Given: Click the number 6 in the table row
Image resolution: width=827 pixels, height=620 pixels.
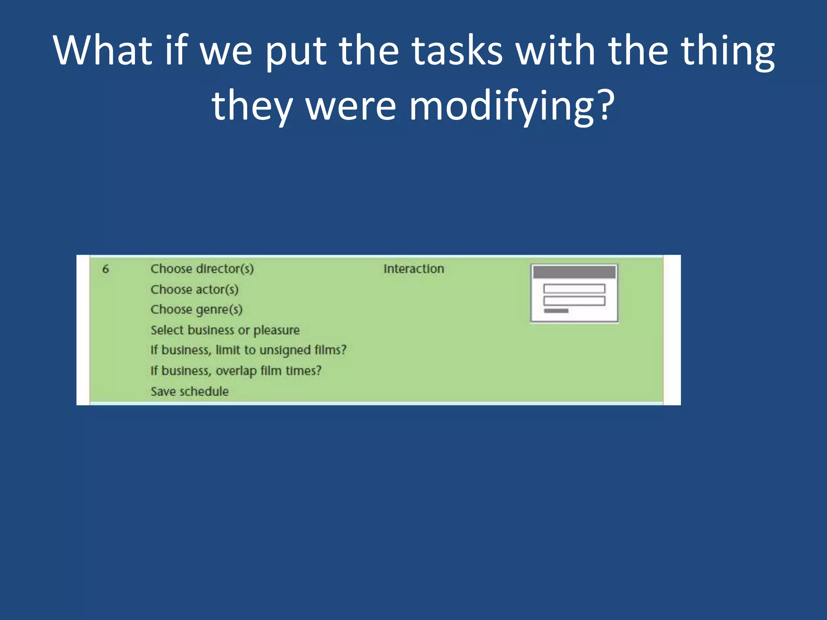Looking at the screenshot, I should click(105, 269).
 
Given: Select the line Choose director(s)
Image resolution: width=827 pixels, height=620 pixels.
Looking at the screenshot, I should click(202, 269).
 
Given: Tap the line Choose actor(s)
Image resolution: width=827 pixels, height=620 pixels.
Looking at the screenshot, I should click(194, 289).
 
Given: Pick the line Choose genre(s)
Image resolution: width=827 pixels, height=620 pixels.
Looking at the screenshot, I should click(196, 310).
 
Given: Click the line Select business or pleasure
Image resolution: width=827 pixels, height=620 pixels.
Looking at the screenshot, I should click(225, 330).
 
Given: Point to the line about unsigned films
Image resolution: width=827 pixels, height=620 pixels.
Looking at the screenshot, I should click(248, 350).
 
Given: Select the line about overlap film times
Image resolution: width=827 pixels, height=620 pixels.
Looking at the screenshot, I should click(236, 371).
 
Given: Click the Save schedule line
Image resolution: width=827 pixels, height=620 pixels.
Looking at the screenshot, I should click(189, 391).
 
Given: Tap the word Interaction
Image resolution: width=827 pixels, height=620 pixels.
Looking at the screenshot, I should click(413, 269).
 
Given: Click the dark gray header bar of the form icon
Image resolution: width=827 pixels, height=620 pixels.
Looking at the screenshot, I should click(574, 272).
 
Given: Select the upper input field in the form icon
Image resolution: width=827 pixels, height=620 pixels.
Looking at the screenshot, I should click(574, 289).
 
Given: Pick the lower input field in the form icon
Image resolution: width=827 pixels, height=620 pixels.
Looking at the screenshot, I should click(574, 301).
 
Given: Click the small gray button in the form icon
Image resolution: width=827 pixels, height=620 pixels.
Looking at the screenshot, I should click(556, 311).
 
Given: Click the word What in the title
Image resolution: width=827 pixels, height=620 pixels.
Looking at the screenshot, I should click(103, 50).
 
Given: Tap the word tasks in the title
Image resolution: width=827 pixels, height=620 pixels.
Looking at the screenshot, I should click(457, 50).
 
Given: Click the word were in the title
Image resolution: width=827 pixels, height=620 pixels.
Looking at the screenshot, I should click(351, 106).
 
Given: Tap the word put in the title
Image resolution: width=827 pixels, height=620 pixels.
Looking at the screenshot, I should click(296, 50).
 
